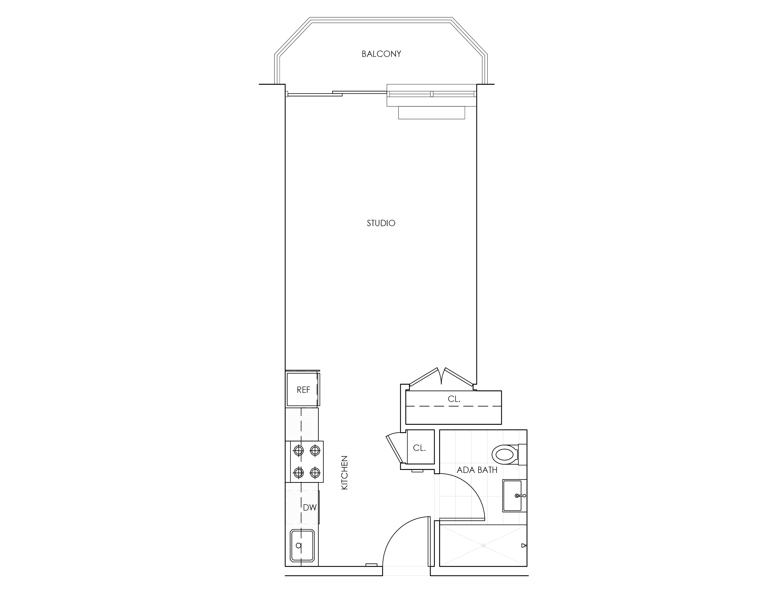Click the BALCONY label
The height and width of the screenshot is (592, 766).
coord(381,54)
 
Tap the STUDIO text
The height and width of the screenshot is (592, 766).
coord(381,223)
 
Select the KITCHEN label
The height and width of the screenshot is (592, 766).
coord(344,472)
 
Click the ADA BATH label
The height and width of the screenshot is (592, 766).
coord(477,470)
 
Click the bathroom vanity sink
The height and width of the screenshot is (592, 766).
coord(513,496)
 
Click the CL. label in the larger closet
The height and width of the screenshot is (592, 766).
coord(454,399)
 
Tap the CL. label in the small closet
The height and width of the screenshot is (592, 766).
coord(419,448)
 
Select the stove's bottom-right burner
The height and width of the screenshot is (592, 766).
coord(315,473)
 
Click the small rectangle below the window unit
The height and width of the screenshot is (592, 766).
coord(432,113)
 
